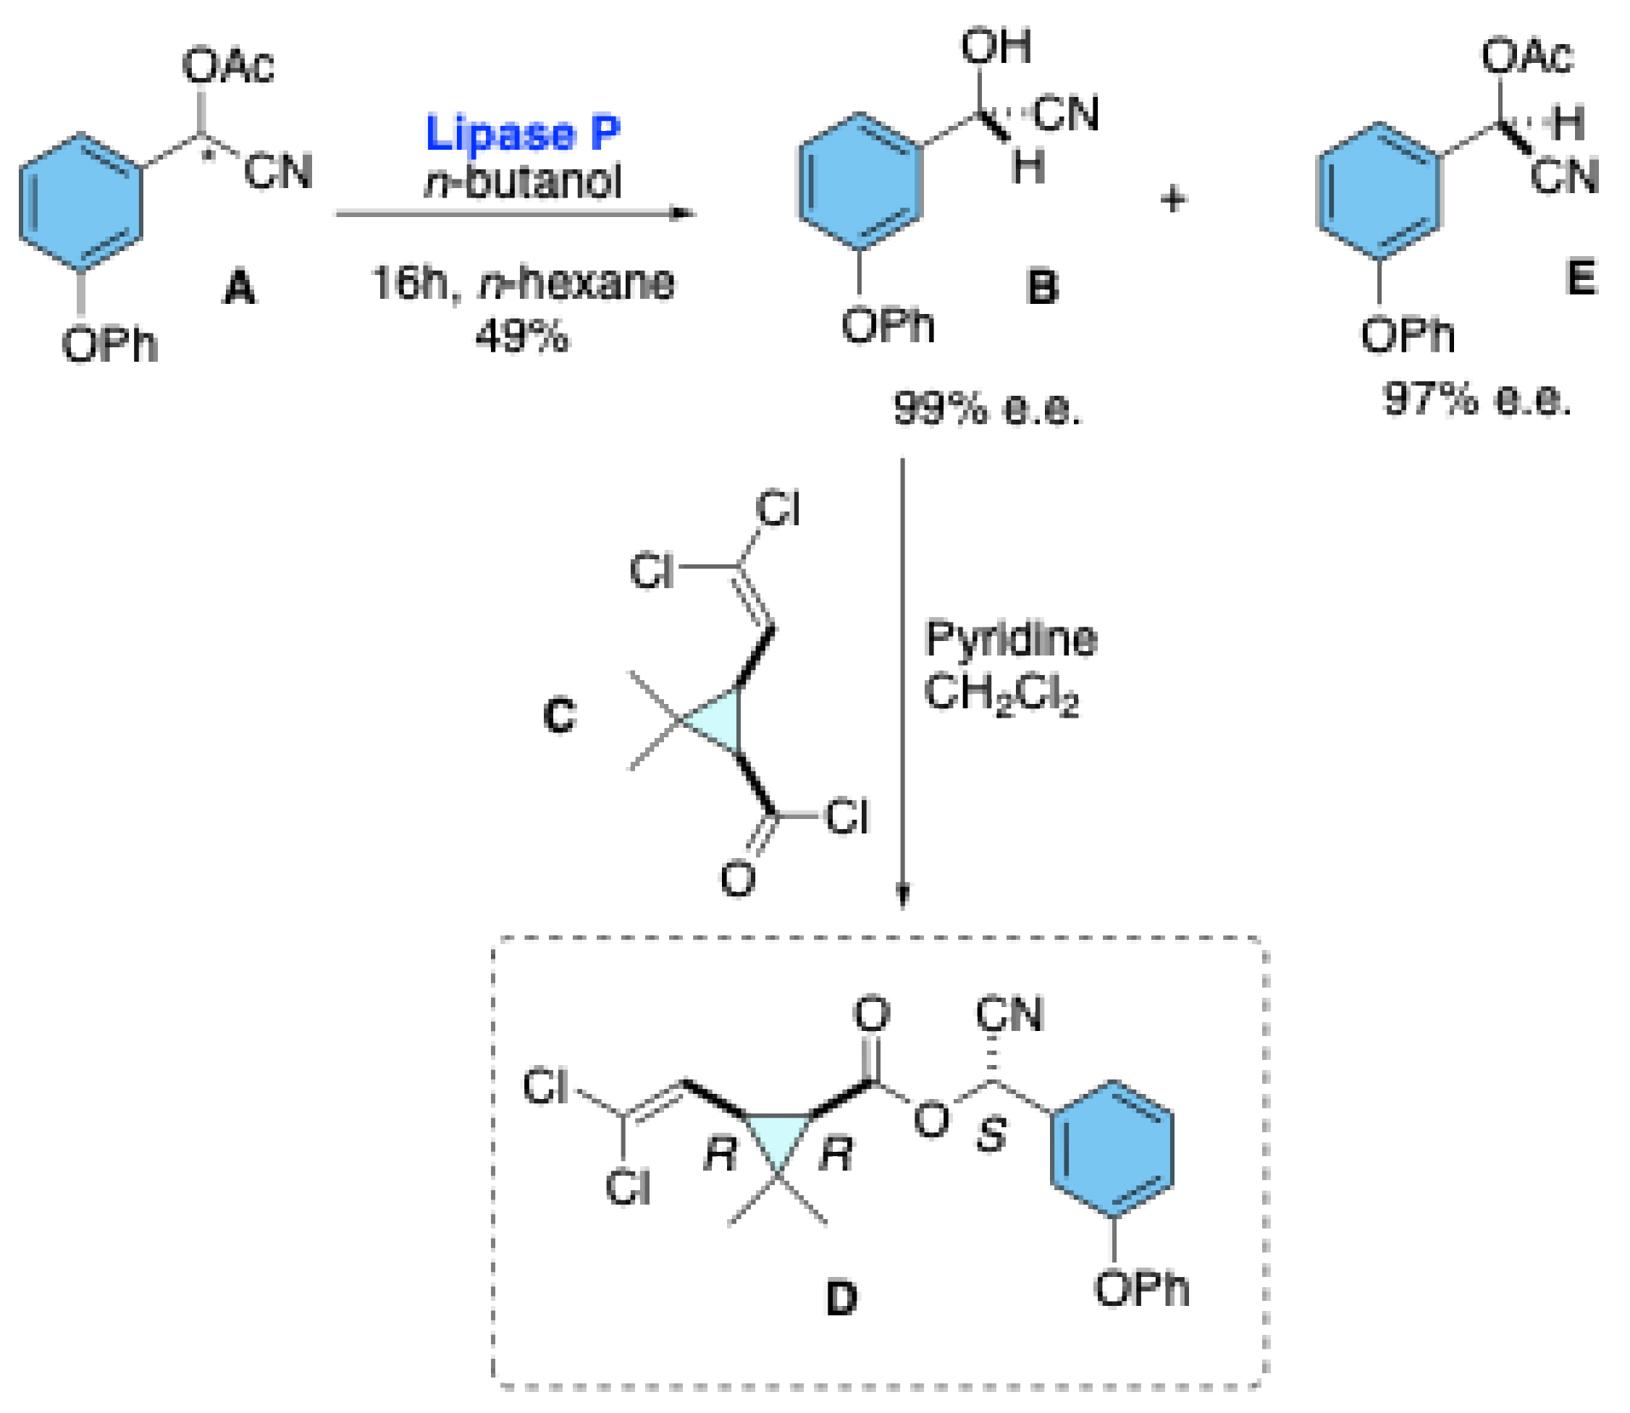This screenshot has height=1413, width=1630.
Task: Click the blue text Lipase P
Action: [523, 134]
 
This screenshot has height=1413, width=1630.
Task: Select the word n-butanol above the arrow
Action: [523, 182]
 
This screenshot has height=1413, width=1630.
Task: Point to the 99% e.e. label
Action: [987, 410]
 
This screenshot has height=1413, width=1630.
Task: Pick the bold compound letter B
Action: [1042, 287]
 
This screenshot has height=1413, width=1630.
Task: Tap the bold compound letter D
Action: [842, 1299]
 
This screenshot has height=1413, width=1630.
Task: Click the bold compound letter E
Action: [1581, 278]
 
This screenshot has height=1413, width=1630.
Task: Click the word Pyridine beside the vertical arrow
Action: [1011, 639]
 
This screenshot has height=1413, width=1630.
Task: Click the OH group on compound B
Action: [996, 46]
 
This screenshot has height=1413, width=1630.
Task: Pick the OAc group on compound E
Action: [1527, 56]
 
